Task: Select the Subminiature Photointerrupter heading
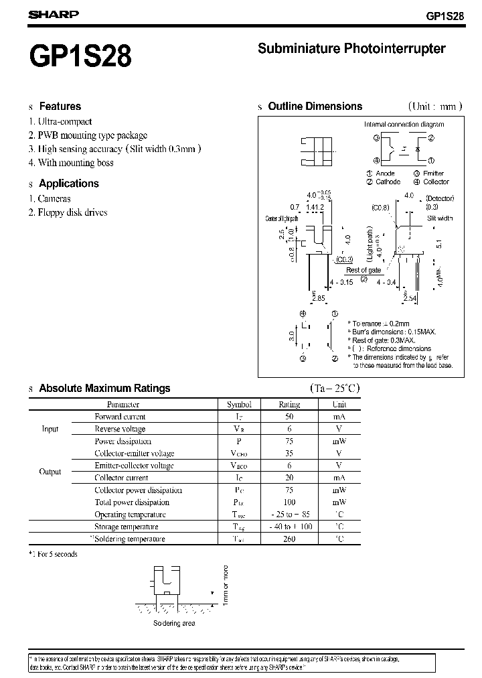point(351,48)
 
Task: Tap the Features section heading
point(60,107)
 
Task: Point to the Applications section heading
point(68,184)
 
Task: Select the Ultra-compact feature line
point(60,122)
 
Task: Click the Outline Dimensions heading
point(315,107)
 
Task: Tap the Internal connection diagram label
point(404,124)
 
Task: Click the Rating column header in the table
point(289,404)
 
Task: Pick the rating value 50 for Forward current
point(289,417)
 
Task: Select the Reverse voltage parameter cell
point(120,429)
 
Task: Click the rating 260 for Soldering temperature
point(289,539)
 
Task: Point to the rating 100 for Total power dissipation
point(289,502)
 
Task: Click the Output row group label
point(50,472)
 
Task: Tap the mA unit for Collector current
point(339,478)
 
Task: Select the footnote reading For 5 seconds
point(54,554)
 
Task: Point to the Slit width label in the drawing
point(440,218)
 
